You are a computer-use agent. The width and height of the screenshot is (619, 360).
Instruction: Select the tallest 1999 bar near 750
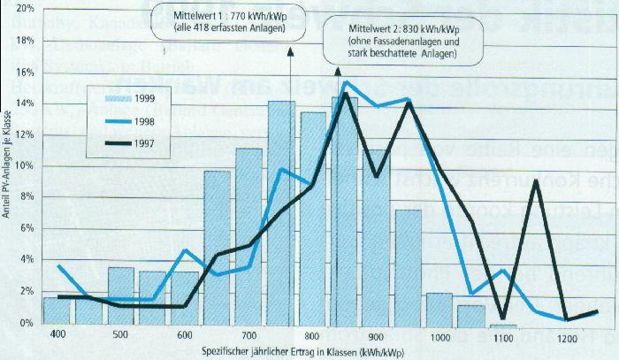pyautogui.click(x=281, y=212)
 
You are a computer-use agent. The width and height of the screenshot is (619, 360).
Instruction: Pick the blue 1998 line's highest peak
pyautogui.click(x=346, y=82)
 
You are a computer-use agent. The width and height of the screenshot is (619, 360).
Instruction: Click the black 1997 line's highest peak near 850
pyautogui.click(x=344, y=93)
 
